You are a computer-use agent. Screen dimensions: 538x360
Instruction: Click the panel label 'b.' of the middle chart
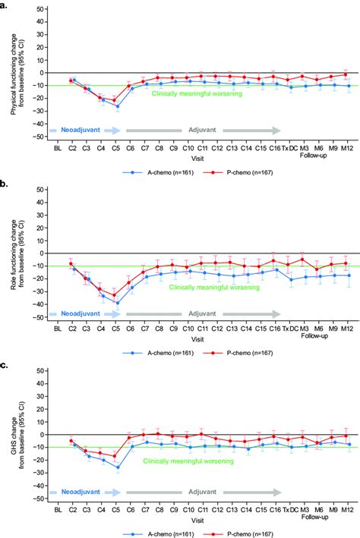[5, 184]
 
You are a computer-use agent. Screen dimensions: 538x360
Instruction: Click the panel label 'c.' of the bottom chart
[5, 364]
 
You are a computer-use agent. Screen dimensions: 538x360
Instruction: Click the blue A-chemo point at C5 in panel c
[116, 468]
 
